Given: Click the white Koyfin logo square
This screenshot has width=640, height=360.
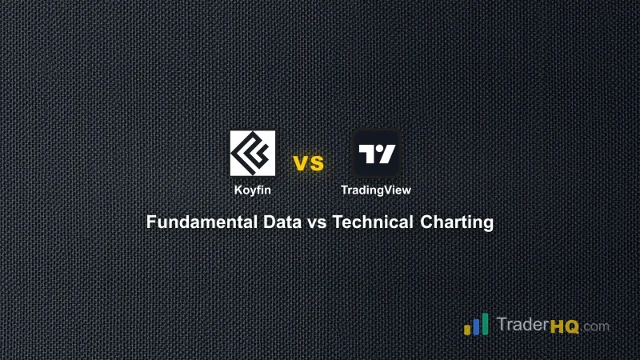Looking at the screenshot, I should point(253,154).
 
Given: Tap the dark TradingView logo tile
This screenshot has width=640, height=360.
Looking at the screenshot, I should point(376,154).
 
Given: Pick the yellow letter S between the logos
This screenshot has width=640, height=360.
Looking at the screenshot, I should point(316,164).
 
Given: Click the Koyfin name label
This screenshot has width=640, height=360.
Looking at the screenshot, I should point(253,190).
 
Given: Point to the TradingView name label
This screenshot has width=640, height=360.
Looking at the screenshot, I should point(376,190).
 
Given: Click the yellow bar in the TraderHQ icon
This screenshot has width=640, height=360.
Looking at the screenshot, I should point(467,329).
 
